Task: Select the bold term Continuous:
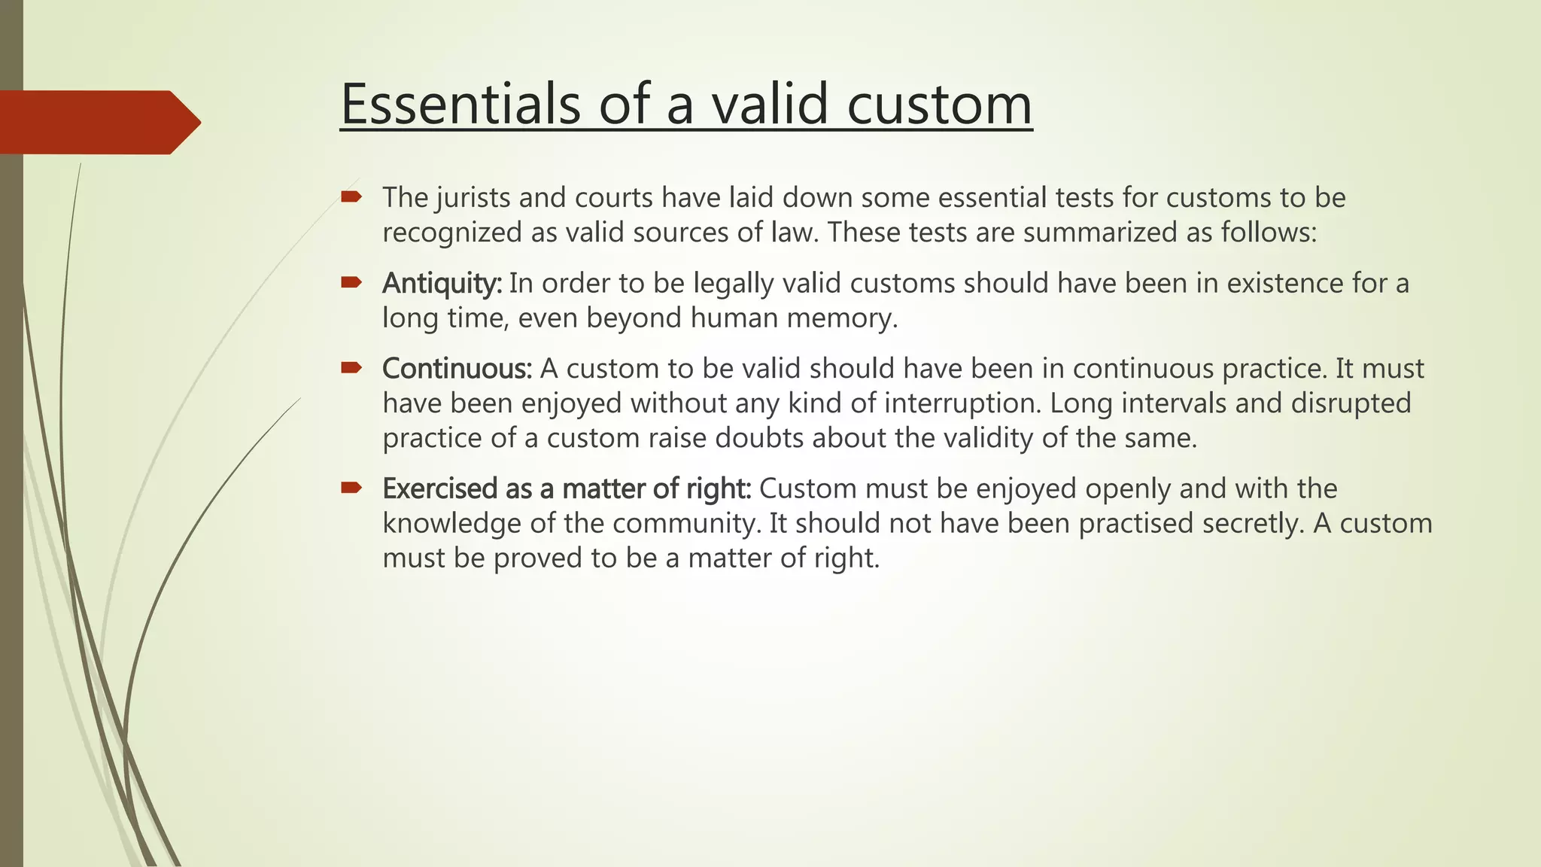point(457,369)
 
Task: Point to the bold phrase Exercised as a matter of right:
point(567,489)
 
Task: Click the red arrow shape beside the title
point(98,122)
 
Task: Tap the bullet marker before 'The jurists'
point(351,197)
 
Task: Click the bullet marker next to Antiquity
point(351,283)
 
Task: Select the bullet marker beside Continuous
point(351,368)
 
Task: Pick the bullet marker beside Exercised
point(351,488)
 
